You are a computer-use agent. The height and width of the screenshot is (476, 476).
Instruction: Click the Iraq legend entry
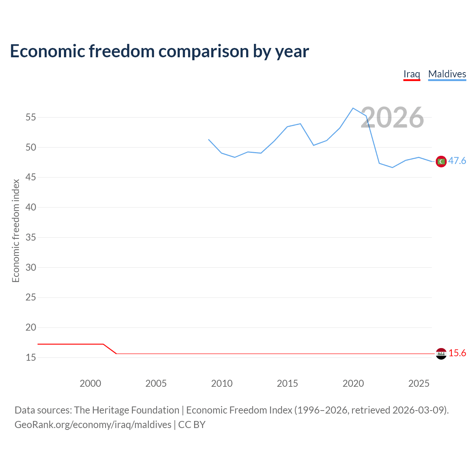pyautogui.click(x=412, y=74)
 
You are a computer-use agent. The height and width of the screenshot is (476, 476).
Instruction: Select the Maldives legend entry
pyautogui.click(x=447, y=74)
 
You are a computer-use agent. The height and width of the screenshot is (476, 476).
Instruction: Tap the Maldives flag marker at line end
pyautogui.click(x=441, y=161)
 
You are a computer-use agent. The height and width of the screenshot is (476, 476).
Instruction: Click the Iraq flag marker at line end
pyautogui.click(x=441, y=354)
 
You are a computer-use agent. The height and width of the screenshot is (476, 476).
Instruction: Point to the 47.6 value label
pyautogui.click(x=457, y=161)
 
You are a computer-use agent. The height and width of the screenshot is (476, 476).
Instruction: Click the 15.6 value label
pyautogui.click(x=457, y=353)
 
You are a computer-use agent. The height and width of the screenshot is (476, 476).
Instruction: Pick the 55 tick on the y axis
pyautogui.click(x=31, y=118)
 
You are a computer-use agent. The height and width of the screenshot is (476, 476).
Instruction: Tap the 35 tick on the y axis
pyautogui.click(x=31, y=237)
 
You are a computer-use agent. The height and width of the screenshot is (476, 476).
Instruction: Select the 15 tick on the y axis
pyautogui.click(x=31, y=357)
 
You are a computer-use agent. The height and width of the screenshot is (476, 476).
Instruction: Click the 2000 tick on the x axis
pyautogui.click(x=90, y=383)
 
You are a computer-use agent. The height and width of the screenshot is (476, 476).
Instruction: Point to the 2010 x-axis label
pyautogui.click(x=222, y=383)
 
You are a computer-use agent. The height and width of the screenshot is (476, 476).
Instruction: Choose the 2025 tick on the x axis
pyautogui.click(x=419, y=383)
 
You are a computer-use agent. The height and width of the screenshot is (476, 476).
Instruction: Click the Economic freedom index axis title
pyautogui.click(x=16, y=231)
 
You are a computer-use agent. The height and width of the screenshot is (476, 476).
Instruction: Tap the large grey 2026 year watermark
pyautogui.click(x=392, y=118)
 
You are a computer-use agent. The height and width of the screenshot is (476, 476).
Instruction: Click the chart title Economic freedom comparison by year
pyautogui.click(x=160, y=51)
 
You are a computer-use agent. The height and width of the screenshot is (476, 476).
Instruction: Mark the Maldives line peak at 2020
pyautogui.click(x=353, y=108)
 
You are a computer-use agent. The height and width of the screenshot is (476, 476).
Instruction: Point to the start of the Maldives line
pyautogui.click(x=209, y=139)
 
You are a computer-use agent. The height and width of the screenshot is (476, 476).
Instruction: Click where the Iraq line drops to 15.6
pyautogui.click(x=116, y=354)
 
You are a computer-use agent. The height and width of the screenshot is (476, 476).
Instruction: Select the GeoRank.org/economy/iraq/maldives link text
pyautogui.click(x=93, y=425)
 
